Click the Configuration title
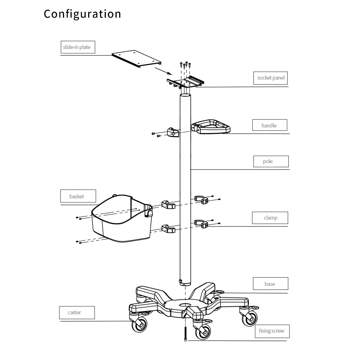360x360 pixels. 82,14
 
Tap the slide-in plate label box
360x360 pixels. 77,47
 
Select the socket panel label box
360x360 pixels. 271,78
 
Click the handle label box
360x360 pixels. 269,125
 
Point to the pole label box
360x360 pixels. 271,161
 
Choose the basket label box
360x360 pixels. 78,196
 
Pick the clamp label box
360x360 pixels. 270,218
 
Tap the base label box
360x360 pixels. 270,284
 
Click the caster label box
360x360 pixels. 77,312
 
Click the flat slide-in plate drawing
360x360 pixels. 136,59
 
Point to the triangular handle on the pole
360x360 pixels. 211,127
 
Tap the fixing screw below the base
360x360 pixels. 185,333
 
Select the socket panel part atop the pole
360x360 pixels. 186,82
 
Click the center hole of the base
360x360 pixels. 185,305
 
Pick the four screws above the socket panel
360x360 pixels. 185,65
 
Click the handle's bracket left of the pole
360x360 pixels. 173,132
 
